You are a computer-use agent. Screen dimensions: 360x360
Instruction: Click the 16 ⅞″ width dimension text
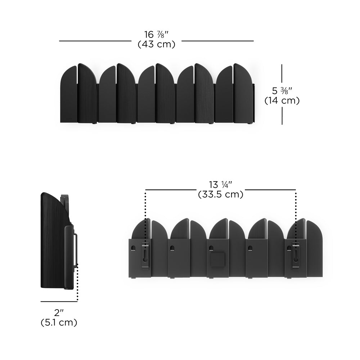click(x=156, y=35)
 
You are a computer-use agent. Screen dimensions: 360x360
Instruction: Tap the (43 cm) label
click(x=156, y=45)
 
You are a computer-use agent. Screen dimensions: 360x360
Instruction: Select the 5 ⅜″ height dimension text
click(x=282, y=91)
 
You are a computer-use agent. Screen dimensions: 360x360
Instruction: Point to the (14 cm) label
click(x=282, y=101)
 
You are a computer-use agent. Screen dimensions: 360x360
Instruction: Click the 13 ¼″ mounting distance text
click(x=221, y=185)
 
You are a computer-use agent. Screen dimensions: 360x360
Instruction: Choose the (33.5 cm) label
click(x=221, y=194)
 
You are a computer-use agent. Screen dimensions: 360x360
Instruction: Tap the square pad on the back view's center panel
click(x=217, y=260)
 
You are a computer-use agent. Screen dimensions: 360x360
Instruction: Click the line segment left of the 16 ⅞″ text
click(x=95, y=41)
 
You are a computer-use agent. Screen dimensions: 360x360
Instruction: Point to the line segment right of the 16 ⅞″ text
click(x=217, y=41)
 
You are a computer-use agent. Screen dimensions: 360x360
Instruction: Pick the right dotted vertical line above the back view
click(x=296, y=209)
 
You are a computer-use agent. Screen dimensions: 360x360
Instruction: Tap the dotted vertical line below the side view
click(x=77, y=284)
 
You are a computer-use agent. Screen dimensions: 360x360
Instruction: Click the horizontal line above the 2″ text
click(x=59, y=302)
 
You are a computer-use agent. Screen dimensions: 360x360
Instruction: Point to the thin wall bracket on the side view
click(x=76, y=248)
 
